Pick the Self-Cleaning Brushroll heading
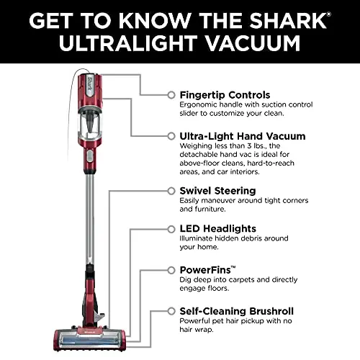pos(236,311)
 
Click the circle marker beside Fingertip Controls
pos(171,94)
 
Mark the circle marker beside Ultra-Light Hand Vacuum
pos(171,135)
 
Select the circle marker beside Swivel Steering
pos(171,191)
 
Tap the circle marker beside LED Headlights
pos(171,229)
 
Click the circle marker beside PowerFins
pos(171,269)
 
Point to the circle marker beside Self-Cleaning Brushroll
pos(171,311)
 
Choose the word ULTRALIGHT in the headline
pos(129,43)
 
